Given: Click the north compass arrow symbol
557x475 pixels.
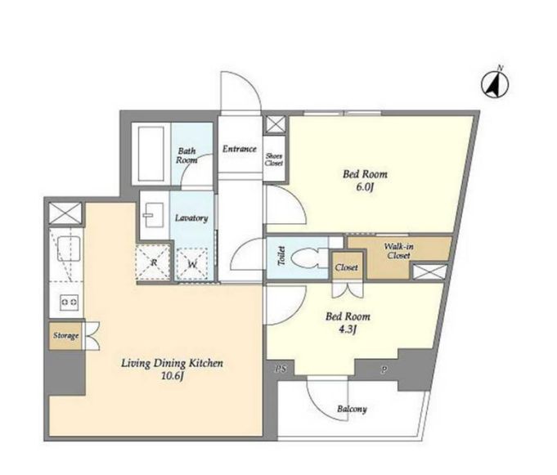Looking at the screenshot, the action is coord(495,85).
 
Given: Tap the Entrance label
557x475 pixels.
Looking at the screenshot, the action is coord(240,149).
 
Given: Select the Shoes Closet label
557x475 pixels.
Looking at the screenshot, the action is coord(274,159).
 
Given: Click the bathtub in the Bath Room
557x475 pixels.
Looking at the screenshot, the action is coord(151,154).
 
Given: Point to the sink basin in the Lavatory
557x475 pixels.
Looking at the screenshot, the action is coord(154,215).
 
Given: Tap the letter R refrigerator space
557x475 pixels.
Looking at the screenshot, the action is coord(154,263).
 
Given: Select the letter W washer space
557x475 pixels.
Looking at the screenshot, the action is coord(192,264).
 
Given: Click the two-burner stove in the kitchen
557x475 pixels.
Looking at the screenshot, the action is coord(70,302).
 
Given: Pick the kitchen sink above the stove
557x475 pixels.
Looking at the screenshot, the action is coord(68,249).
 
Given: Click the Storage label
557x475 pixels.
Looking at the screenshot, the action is coord(65,335).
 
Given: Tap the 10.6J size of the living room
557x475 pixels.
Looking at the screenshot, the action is coord(173,376).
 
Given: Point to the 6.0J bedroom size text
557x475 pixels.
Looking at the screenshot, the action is coord(365,187).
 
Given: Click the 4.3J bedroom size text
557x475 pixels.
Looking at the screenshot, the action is coord(348,329).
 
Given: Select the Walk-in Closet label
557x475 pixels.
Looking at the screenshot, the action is coord(398,251).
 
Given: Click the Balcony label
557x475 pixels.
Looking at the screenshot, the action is coord(352,409).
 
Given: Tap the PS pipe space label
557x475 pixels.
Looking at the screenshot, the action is coord(281,370).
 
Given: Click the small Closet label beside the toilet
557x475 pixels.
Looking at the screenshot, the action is coord(346,267).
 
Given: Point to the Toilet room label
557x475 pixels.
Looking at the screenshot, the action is coord(281,256).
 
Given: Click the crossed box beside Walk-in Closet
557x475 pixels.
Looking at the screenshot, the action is coord(429,272).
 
